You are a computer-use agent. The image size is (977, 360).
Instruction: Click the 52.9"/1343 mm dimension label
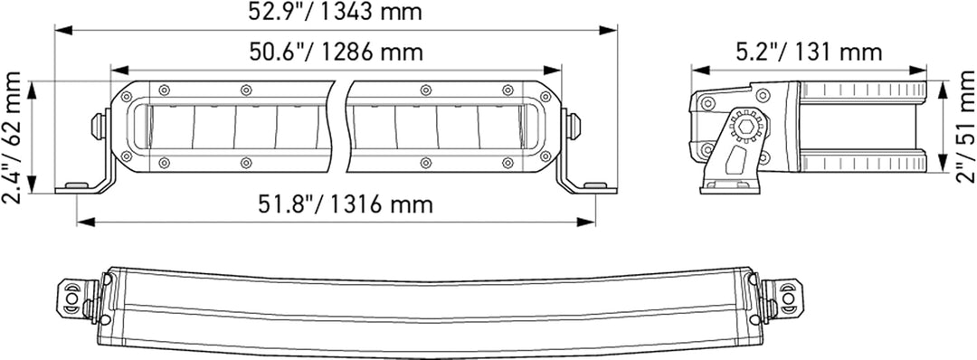point(335,13)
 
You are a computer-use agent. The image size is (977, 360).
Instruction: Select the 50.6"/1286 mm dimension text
point(337,52)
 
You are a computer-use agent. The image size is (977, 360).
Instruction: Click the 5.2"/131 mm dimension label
point(809,52)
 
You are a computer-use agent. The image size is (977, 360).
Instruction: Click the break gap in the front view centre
point(340,126)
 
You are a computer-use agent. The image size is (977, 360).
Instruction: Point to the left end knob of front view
point(98,126)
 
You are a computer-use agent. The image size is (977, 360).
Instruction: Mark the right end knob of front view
point(574,126)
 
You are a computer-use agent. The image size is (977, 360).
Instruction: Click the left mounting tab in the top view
point(72,298)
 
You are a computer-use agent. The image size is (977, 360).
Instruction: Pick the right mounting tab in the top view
point(783,298)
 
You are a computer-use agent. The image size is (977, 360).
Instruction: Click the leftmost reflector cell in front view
point(172,127)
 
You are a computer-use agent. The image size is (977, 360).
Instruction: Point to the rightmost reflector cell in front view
point(499,127)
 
